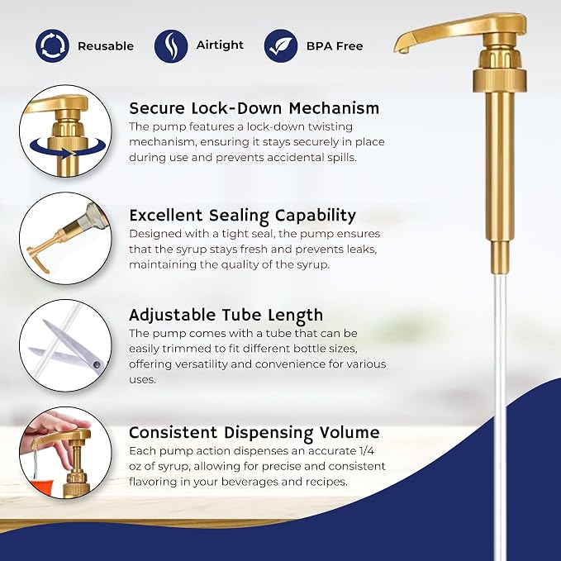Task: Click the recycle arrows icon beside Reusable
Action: point(52,45)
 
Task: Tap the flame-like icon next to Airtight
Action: point(171,45)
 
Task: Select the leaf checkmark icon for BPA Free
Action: point(281,45)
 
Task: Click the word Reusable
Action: point(106,46)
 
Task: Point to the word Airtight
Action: point(220,45)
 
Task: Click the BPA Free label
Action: point(335,46)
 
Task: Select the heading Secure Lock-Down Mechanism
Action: point(254,108)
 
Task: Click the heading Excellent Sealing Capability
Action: point(243,216)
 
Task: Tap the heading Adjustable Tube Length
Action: point(226,316)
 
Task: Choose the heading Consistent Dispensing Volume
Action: point(254,433)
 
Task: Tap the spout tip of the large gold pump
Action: point(402,50)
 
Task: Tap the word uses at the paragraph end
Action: point(142,379)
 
